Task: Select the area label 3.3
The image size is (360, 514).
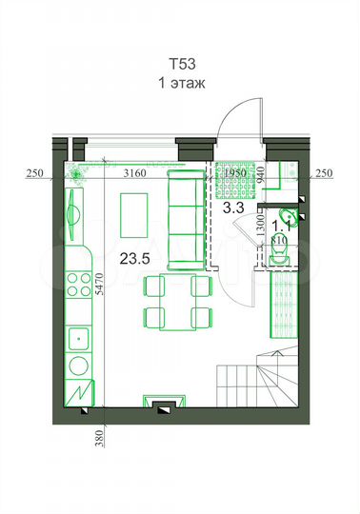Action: pyautogui.click(x=233, y=206)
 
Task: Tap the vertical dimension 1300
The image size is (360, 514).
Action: pyautogui.click(x=259, y=228)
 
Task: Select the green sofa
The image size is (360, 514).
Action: pyautogui.click(x=182, y=221)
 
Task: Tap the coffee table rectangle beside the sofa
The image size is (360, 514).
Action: pyautogui.click(x=135, y=217)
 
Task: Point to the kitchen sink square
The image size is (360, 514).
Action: pyautogui.click(x=76, y=337)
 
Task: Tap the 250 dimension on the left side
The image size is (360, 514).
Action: pyautogui.click(x=36, y=172)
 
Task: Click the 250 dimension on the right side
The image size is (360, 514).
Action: pyautogui.click(x=324, y=172)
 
